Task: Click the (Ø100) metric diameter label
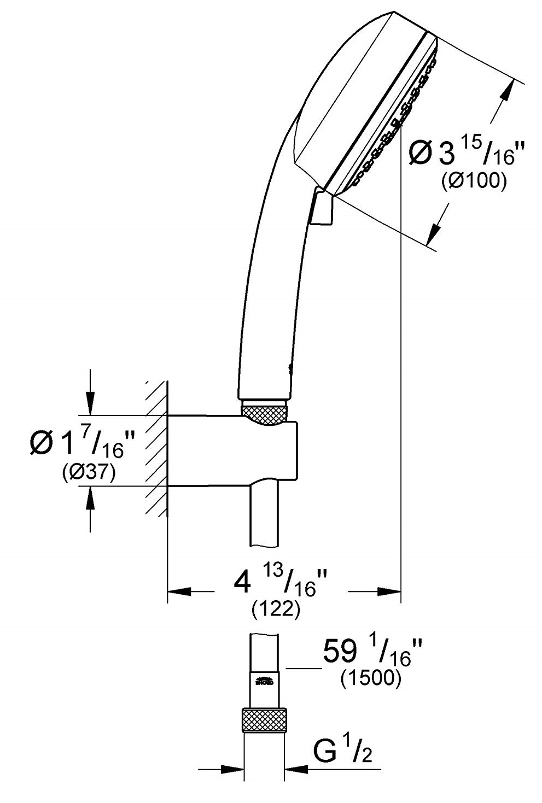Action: [x=474, y=180]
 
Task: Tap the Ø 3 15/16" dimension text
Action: [x=463, y=154]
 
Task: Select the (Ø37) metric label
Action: [x=88, y=473]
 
